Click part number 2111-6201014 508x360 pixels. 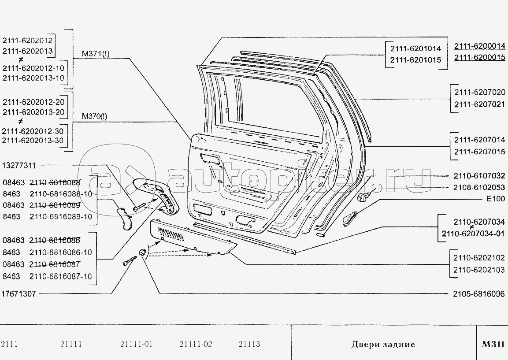tap(415, 48)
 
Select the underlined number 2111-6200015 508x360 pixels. tap(479, 58)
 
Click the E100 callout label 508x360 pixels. tap(496, 199)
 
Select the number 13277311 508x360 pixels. tap(19, 166)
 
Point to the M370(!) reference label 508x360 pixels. tap(94, 117)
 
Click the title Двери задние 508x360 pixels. tap(383, 344)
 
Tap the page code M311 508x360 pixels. tap(493, 344)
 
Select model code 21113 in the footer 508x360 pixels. tap(249, 344)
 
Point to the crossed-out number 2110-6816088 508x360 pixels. tap(55, 182)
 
